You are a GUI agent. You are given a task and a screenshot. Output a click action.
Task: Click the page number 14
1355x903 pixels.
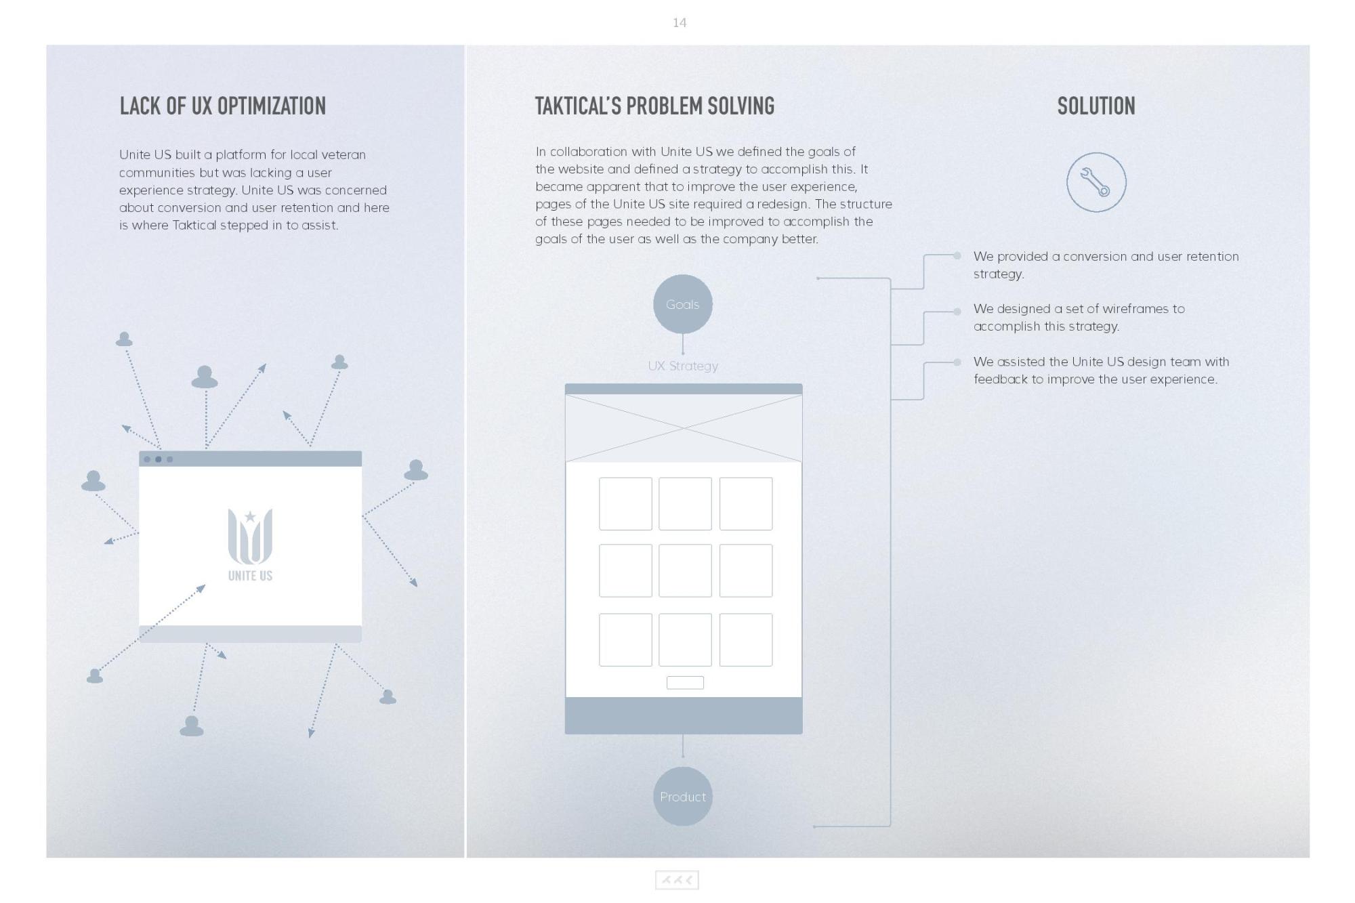[x=680, y=23]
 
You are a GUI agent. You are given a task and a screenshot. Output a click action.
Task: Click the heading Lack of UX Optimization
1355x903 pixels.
[x=223, y=106]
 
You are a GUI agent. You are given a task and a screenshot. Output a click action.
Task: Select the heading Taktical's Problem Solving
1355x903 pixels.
[x=654, y=106]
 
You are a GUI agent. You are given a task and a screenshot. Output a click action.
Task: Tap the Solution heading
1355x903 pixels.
[x=1096, y=106]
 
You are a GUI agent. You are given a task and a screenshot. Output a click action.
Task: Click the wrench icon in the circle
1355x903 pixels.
[x=1096, y=182]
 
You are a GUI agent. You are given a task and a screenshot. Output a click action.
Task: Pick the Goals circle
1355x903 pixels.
[x=683, y=304]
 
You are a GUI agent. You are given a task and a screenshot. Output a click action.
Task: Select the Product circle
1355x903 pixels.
[x=683, y=797]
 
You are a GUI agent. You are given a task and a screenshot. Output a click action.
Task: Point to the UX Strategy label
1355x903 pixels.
[x=683, y=366]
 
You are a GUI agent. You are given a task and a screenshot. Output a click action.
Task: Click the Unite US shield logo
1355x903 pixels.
[x=250, y=537]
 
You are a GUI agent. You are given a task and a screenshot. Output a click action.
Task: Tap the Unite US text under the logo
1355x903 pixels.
[x=250, y=576]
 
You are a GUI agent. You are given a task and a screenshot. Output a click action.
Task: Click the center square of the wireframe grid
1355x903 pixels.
[x=685, y=570]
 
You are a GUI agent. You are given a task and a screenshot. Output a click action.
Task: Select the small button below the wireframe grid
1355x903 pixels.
[x=685, y=683]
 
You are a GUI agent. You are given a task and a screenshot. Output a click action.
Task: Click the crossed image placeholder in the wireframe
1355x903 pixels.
[x=684, y=428]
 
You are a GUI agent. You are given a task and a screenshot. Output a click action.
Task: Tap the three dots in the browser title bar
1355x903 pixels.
[x=159, y=459]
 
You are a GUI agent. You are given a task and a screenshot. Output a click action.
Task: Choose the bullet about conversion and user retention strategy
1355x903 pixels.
[x=1106, y=265]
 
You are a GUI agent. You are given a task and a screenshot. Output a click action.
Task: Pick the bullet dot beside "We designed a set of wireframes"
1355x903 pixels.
[x=957, y=312]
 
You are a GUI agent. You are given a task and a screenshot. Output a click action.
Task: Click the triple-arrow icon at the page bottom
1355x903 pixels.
[x=677, y=880]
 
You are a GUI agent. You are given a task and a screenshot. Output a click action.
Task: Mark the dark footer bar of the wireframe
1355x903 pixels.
[x=684, y=715]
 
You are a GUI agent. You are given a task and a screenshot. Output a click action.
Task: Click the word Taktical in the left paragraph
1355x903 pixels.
[x=194, y=225]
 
